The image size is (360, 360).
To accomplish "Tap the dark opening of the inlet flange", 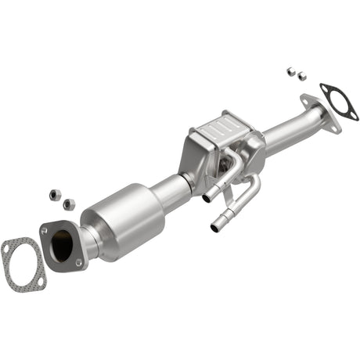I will point(63,246).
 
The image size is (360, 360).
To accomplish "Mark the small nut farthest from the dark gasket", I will point(290,70).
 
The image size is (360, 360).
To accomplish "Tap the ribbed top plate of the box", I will point(221,126).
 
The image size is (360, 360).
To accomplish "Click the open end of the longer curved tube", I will point(215,229).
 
